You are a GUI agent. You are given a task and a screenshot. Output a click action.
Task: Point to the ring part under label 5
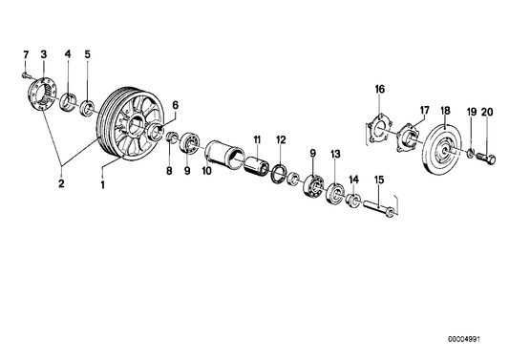click(87, 104)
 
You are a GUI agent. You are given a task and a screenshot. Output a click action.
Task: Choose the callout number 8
click(169, 172)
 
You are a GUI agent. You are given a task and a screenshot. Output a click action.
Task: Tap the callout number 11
click(256, 140)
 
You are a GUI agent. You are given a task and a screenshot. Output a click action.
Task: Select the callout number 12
click(280, 140)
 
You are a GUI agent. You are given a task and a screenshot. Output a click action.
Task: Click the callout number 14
click(353, 179)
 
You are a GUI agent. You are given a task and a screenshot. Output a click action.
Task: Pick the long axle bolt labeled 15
click(378, 209)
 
